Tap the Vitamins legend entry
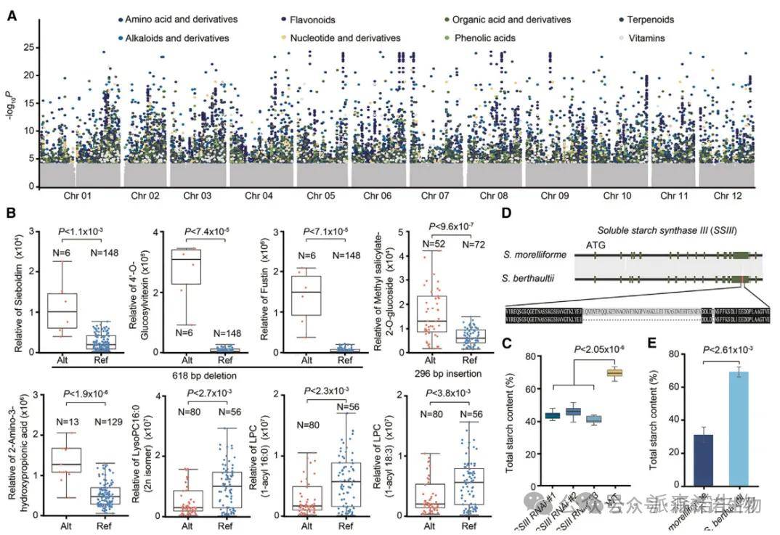click(645, 38)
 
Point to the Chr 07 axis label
click(424, 196)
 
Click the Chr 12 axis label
click(728, 196)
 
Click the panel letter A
click(11, 14)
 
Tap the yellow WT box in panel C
click(615, 372)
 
